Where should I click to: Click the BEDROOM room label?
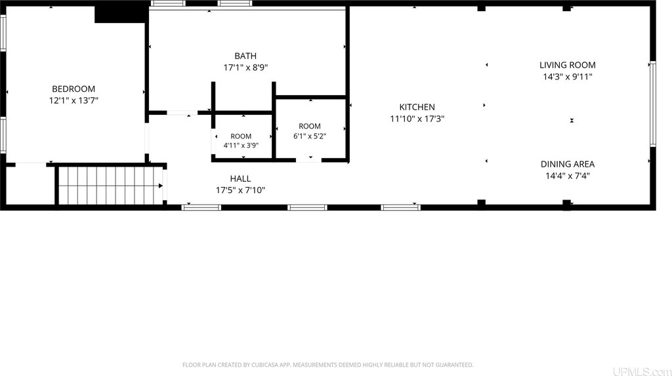click(73, 89)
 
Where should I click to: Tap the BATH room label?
click(245, 56)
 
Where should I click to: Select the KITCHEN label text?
click(417, 107)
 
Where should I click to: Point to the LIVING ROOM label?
click(568, 65)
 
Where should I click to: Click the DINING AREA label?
click(568, 164)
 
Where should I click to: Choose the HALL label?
click(240, 178)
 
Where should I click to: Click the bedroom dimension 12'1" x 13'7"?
click(73, 100)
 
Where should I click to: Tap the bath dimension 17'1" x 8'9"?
click(245, 68)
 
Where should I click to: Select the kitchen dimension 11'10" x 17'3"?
click(417, 119)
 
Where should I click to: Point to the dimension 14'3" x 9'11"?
click(568, 77)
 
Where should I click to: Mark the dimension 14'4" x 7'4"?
click(568, 176)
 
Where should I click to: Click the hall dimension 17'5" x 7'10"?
click(240, 190)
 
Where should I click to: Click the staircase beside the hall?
click(110, 186)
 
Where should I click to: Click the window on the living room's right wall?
click(653, 104)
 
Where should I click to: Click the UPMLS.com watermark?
click(642, 371)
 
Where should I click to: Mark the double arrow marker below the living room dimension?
click(572, 121)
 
